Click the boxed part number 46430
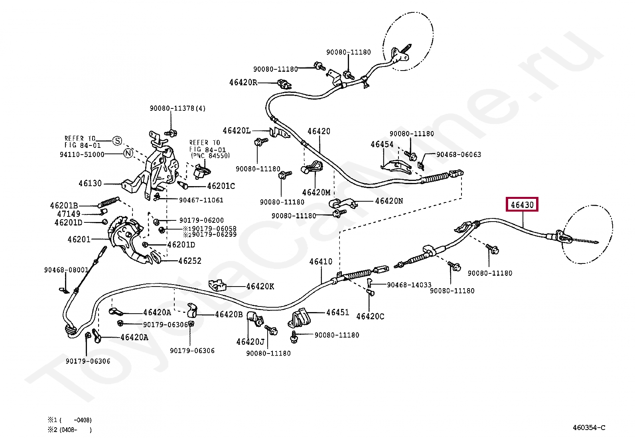tap(522, 204)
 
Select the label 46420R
tap(243, 82)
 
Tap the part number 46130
tap(90, 183)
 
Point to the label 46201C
tap(221, 186)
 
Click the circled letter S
tap(117, 141)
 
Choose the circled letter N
tap(128, 153)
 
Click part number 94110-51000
tap(82, 154)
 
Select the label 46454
tap(382, 145)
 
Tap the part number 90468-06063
tap(459, 154)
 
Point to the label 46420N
tap(389, 201)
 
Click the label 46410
tap(321, 261)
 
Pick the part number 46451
tap(337, 312)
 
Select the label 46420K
tap(260, 287)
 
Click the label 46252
tap(190, 261)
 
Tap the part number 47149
tap(69, 214)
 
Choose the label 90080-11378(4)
tap(178, 108)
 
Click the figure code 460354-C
tap(589, 428)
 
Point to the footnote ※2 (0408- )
tap(70, 430)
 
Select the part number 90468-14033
tap(409, 285)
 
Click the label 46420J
tap(250, 342)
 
